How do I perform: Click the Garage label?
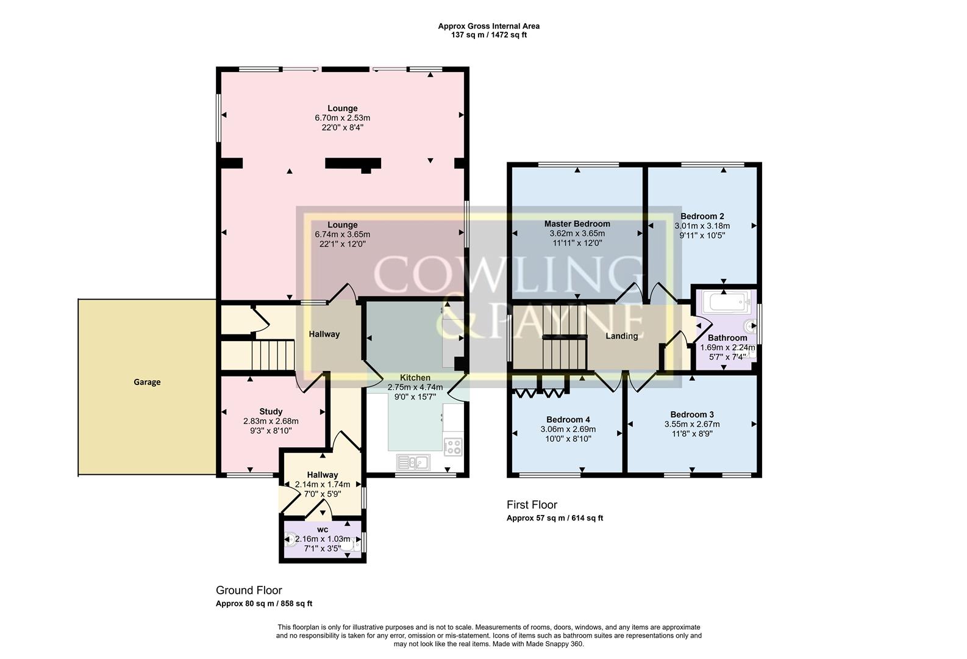click(x=147, y=382)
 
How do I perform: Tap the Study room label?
click(x=271, y=411)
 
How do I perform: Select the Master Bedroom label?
click(x=577, y=224)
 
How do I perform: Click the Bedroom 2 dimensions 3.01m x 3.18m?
click(x=702, y=226)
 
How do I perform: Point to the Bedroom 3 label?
click(x=691, y=415)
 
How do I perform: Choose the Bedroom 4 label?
click(x=568, y=420)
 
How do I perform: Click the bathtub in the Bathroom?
click(x=725, y=301)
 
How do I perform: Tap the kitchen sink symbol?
click(x=413, y=463)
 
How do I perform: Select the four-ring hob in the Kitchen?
click(x=453, y=447)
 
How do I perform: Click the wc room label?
click(x=323, y=530)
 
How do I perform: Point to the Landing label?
click(x=621, y=336)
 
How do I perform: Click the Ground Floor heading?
click(x=249, y=590)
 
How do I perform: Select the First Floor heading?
click(x=532, y=505)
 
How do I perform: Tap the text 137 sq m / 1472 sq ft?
click(x=488, y=35)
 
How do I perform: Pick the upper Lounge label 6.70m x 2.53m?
click(x=342, y=118)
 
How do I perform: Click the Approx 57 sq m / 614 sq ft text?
click(x=554, y=518)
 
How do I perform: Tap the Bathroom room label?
click(x=727, y=338)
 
